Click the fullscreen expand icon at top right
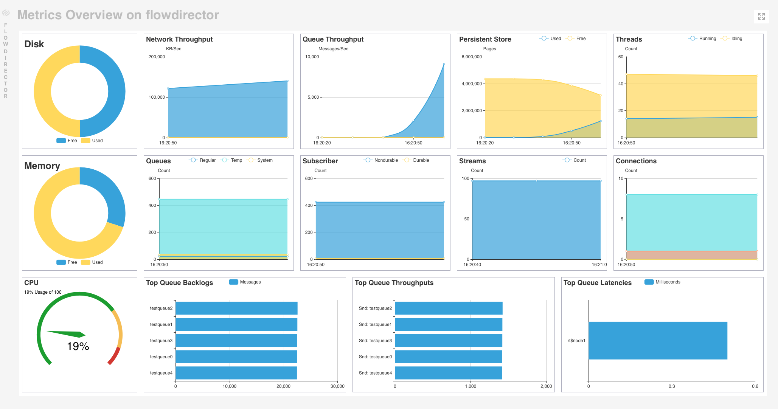click(761, 16)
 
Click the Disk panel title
click(34, 44)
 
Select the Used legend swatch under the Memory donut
click(86, 262)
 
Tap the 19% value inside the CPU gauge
click(78, 346)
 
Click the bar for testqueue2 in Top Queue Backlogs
click(236, 308)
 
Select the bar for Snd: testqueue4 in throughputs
click(448, 373)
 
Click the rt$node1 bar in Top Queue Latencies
click(658, 341)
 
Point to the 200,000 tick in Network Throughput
click(157, 57)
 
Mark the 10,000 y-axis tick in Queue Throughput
click(312, 57)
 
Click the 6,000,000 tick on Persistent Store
click(471, 57)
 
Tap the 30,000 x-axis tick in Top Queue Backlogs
click(337, 386)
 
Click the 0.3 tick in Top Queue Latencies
click(672, 386)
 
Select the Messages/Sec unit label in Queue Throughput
click(333, 49)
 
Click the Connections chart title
click(636, 161)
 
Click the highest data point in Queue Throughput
click(444, 64)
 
